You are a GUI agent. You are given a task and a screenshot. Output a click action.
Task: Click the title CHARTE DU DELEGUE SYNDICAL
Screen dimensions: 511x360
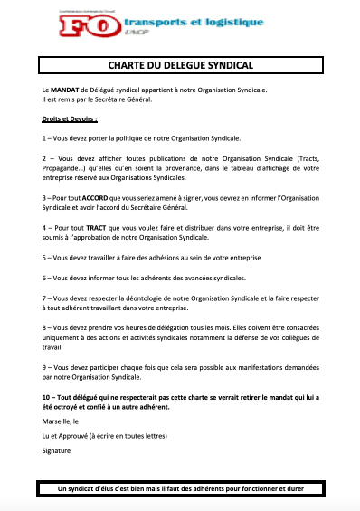click(x=180, y=65)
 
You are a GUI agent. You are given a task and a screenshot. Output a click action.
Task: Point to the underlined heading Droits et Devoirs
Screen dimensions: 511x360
click(x=69, y=118)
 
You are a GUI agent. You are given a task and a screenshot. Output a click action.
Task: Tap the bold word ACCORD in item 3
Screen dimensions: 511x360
click(x=99, y=197)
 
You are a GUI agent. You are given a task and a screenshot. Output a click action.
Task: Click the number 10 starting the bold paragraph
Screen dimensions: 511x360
click(x=47, y=397)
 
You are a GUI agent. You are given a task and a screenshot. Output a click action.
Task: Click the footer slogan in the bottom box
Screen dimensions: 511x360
click(x=180, y=489)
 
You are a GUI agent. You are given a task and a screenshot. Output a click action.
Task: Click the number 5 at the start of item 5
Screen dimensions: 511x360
click(x=44, y=256)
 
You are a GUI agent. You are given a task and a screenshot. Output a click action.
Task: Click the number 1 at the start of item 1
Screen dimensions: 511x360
click(x=44, y=138)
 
